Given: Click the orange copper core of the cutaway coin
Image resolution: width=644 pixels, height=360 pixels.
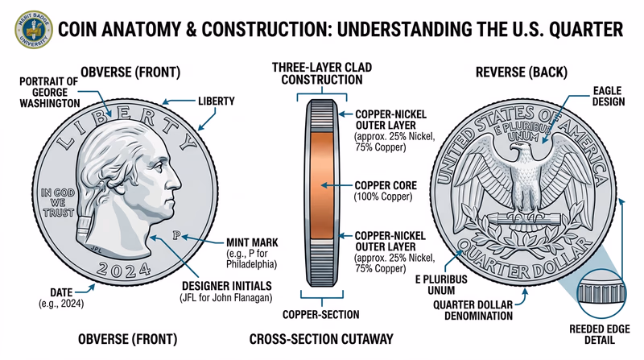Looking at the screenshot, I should (x=322, y=185).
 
